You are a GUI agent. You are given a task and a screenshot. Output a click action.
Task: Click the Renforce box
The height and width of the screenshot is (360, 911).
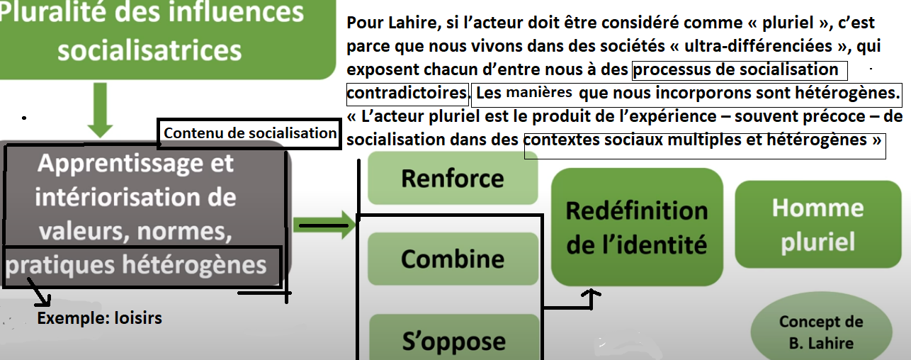point(453,178)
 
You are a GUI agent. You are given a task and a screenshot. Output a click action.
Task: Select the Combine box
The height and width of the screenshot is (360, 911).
point(453,259)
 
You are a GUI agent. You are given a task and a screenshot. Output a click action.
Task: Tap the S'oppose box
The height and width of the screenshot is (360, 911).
point(454,337)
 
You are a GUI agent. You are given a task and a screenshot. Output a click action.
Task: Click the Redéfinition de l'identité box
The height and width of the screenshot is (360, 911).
point(637,227)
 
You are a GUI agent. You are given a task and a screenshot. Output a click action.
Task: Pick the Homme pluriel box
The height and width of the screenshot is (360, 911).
point(818,225)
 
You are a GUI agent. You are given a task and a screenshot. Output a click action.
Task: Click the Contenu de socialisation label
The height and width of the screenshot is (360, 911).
point(250,133)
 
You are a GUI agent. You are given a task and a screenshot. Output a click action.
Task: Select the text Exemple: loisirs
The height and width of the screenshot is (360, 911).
point(100,318)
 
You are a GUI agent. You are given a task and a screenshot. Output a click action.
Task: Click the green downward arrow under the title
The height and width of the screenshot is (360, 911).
point(100,110)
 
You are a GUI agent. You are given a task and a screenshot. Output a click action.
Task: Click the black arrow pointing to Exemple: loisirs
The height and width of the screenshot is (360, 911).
point(39,292)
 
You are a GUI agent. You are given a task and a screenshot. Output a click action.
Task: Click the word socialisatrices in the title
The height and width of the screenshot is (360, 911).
point(149,50)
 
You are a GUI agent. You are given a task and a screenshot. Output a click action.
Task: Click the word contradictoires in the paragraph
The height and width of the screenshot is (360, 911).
point(407,93)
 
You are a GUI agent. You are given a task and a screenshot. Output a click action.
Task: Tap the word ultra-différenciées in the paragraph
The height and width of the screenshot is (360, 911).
point(758,46)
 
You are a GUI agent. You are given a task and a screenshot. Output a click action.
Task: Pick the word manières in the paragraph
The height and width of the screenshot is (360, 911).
point(539,92)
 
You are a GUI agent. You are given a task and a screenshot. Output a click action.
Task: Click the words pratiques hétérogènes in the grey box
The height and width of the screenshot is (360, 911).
point(136,265)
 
